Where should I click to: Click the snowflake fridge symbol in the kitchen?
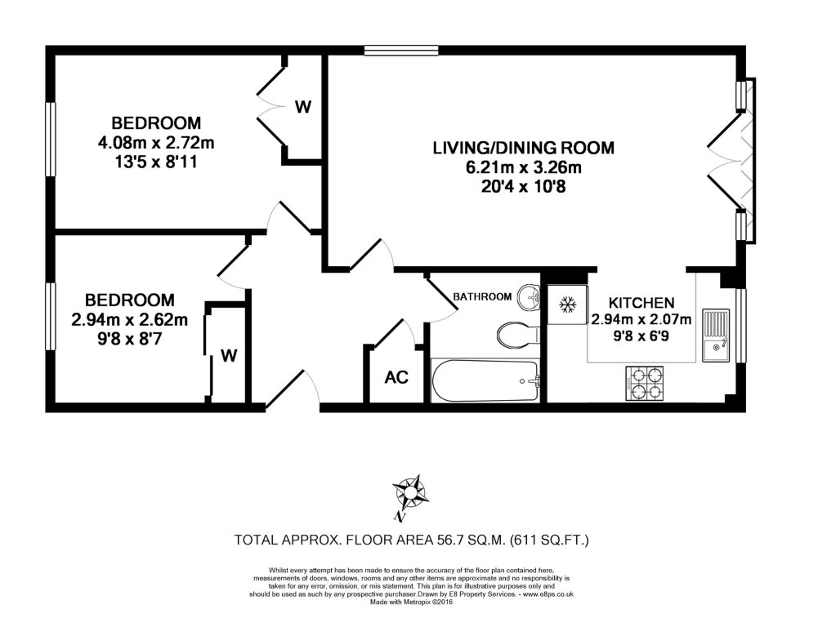(564, 305)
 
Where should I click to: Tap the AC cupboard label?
(396, 378)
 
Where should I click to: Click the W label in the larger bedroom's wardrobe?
(303, 106)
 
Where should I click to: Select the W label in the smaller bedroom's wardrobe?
(230, 355)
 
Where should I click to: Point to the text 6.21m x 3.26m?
(523, 169)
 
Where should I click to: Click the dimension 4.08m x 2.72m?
(156, 144)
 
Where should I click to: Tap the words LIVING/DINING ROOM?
(523, 149)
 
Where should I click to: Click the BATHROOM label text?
(483, 296)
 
